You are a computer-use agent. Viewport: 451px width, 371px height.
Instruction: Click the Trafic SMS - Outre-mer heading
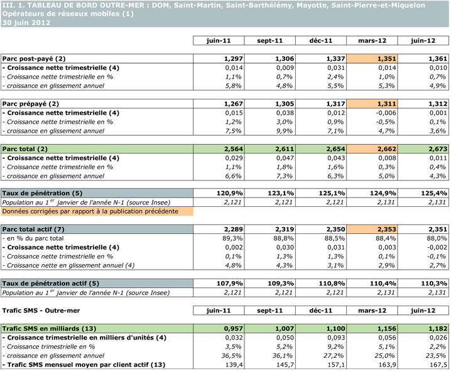[43, 310]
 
